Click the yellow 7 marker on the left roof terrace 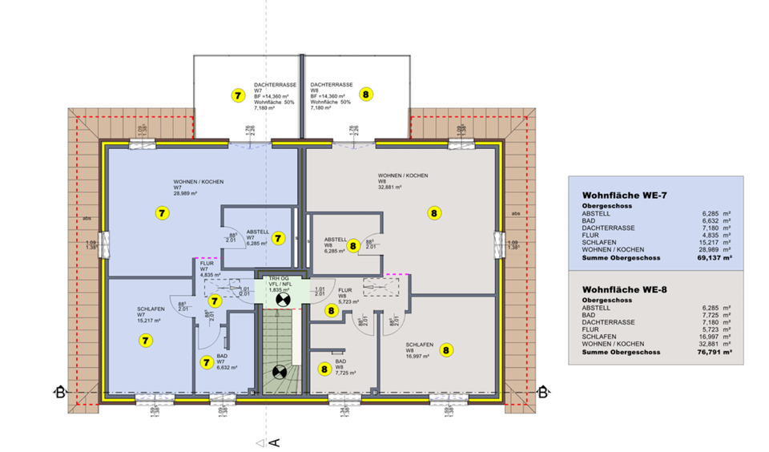tap(237, 95)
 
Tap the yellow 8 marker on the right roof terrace tap(366, 95)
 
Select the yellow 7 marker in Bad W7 tap(206, 362)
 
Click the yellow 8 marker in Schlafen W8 tap(446, 349)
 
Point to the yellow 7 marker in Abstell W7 tap(278, 238)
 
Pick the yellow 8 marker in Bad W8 tap(324, 369)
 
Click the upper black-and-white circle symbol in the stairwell tap(281, 300)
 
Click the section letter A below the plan tap(273, 442)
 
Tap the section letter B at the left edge tap(58, 392)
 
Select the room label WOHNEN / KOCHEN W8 tap(403, 179)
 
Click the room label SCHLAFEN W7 tap(151, 313)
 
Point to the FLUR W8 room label tap(346, 293)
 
